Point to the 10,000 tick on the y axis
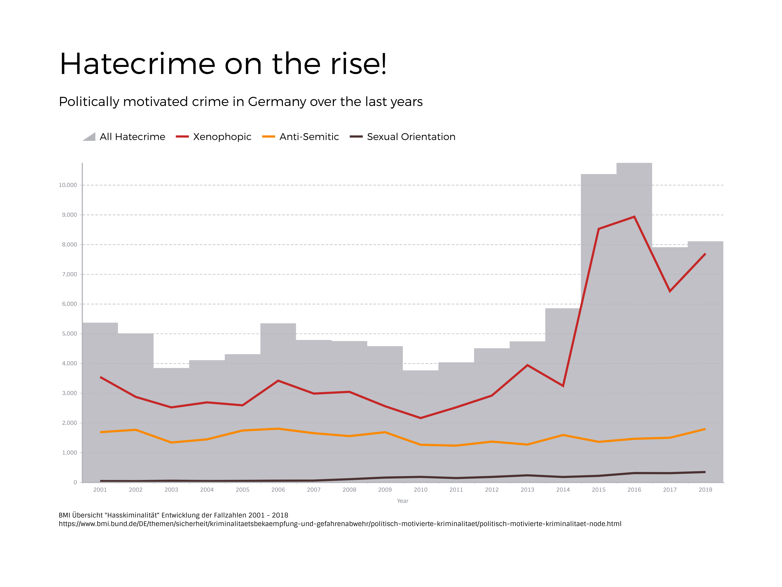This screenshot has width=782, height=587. pyautogui.click(x=68, y=185)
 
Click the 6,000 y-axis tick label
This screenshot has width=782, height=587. pyautogui.click(x=69, y=304)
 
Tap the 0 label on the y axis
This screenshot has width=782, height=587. pyautogui.click(x=75, y=482)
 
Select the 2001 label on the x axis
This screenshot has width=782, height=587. pyautogui.click(x=100, y=490)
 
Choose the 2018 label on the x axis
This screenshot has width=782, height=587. pyautogui.click(x=705, y=490)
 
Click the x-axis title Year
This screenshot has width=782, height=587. pyautogui.click(x=402, y=501)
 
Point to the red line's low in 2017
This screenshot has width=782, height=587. pyautogui.click(x=670, y=291)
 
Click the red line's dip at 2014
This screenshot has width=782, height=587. pyautogui.click(x=563, y=386)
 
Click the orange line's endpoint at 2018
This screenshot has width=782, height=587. pyautogui.click(x=705, y=429)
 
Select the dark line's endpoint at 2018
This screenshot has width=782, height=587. pyautogui.click(x=705, y=472)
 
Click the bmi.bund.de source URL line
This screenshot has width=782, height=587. pyautogui.click(x=340, y=524)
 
